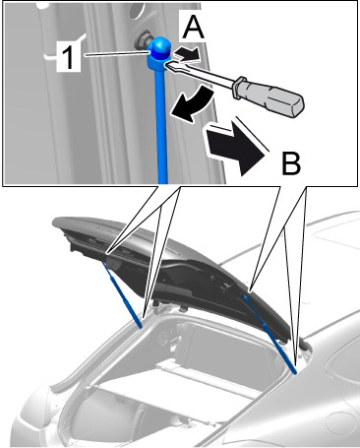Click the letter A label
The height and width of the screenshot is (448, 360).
pyautogui.click(x=193, y=28)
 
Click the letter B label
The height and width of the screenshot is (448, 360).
pyautogui.click(x=291, y=163)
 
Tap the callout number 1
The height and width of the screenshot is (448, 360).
pyautogui.click(x=68, y=57)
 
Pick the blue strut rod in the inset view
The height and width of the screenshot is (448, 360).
pyautogui.click(x=162, y=125)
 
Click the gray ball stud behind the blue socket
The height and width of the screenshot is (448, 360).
pyautogui.click(x=144, y=40)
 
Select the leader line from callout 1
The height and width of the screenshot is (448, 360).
pyautogui.click(x=116, y=54)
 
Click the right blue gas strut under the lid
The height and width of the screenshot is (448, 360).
pyautogui.click(x=270, y=334)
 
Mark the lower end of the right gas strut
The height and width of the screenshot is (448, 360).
pyautogui.click(x=295, y=372)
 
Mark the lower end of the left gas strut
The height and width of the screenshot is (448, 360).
pyautogui.click(x=142, y=326)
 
